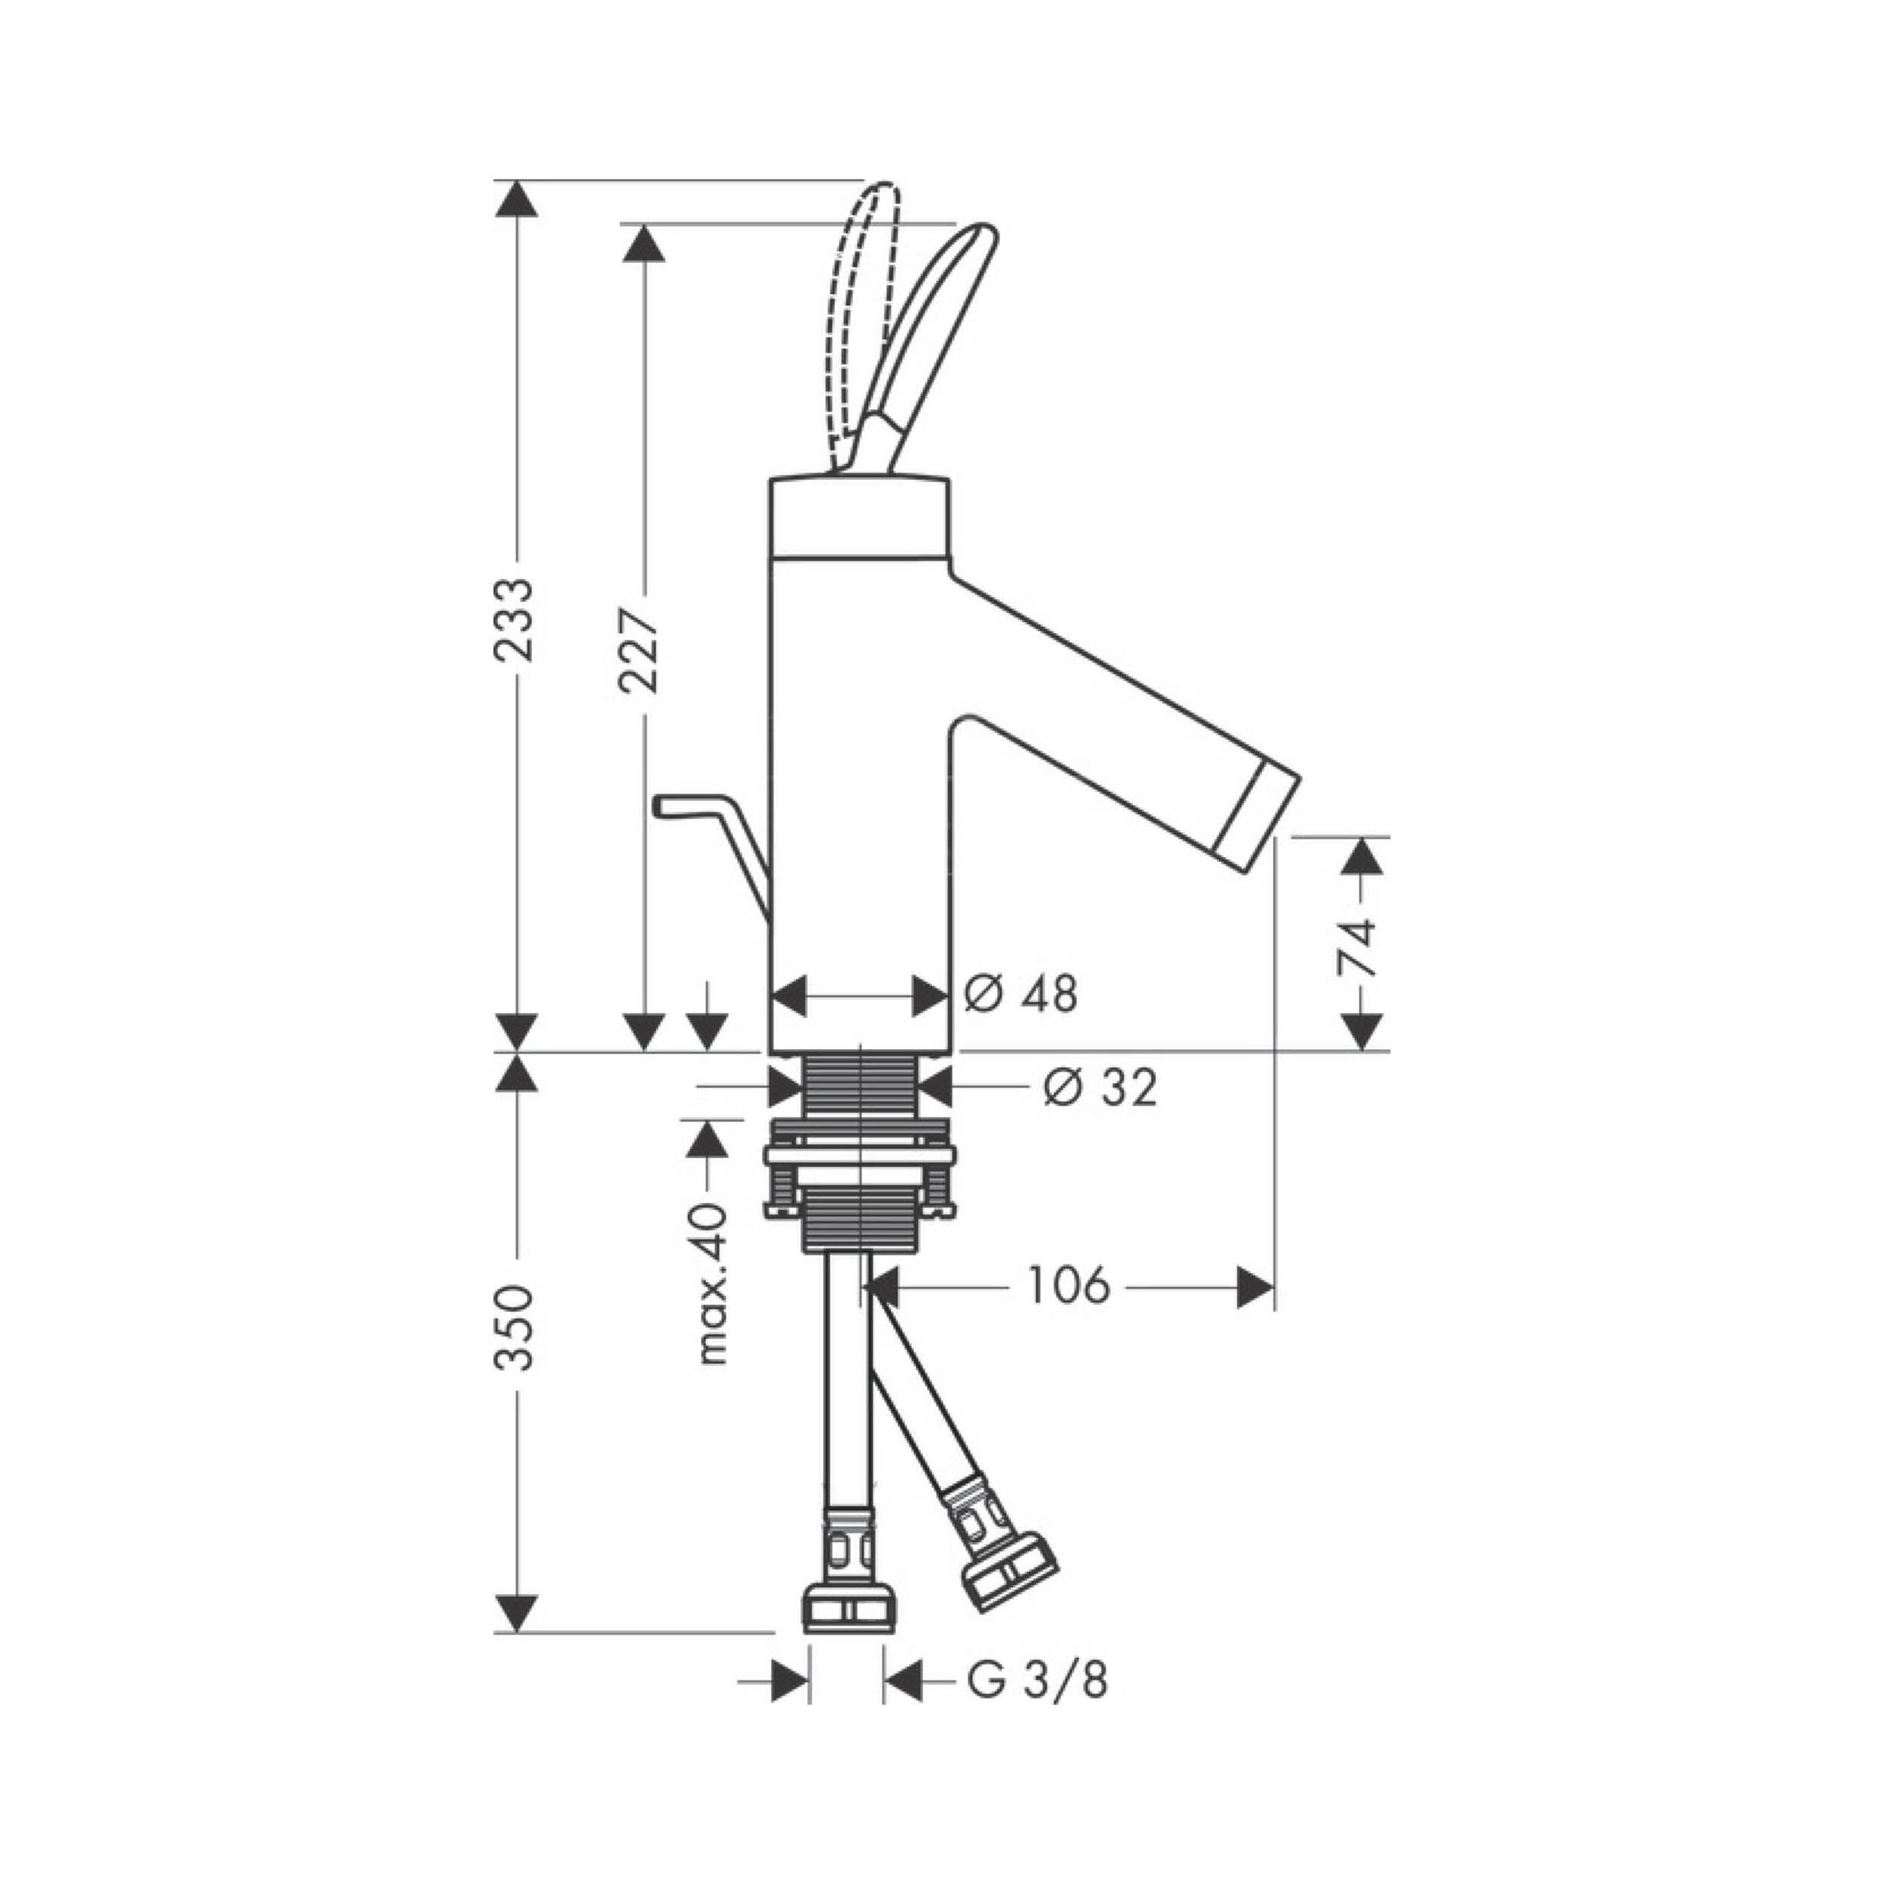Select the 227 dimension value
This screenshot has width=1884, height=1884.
click(640, 650)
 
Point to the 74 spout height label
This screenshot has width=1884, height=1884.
click(1359, 947)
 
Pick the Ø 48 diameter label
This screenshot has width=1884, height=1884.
click(1021, 995)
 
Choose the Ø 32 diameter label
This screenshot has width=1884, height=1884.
click(1100, 1087)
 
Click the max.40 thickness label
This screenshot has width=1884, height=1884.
click(714, 1283)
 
